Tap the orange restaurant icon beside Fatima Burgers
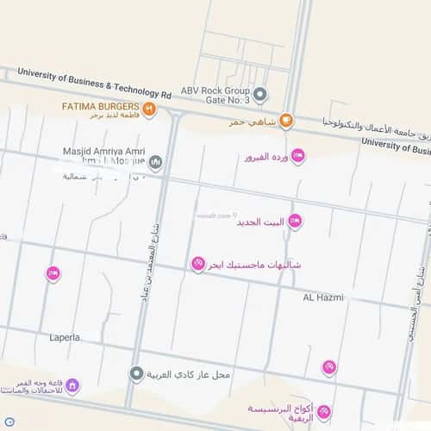149,109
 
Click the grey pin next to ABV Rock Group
260,94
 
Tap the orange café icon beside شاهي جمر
286,121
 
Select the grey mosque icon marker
155,161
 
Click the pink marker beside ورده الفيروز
297,155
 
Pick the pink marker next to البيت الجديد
294,222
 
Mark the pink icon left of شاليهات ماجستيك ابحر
197,263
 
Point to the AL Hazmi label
323,297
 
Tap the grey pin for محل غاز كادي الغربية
136,374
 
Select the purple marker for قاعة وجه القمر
73,385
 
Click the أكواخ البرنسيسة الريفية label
278,412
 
